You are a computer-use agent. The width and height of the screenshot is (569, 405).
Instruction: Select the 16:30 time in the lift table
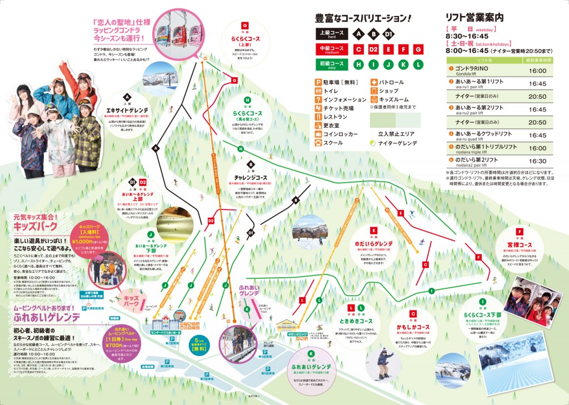pyautogui.click(x=538, y=161)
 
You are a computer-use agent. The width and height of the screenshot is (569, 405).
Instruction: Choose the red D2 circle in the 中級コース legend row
pyautogui.click(x=374, y=49)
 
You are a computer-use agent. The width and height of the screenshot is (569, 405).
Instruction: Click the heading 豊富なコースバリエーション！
pyautogui.click(x=363, y=18)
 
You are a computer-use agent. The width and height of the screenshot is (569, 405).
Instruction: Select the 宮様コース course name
pyautogui.click(x=519, y=245)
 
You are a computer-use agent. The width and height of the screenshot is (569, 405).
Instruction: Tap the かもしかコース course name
pyautogui.click(x=414, y=327)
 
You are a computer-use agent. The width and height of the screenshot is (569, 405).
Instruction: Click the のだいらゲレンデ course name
pyautogui.click(x=373, y=243)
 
